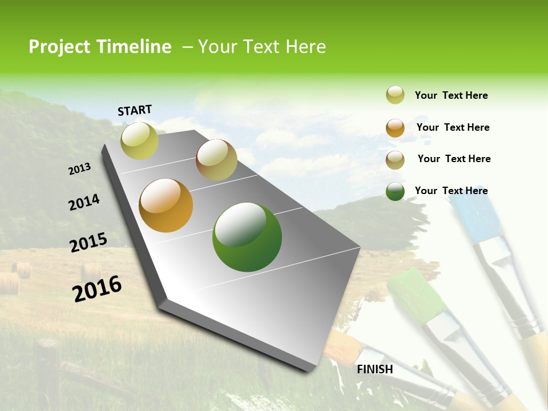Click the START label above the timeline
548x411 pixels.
(x=135, y=110)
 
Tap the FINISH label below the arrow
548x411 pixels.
(x=374, y=369)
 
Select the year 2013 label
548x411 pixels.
(x=79, y=169)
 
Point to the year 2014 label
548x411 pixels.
(x=84, y=203)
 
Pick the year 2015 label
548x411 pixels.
(x=88, y=243)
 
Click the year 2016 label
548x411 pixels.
(x=97, y=289)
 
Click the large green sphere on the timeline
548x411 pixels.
(x=247, y=237)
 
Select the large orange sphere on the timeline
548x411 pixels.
(x=166, y=205)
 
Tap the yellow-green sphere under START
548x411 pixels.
(x=139, y=140)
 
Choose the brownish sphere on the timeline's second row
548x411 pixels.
(x=216, y=160)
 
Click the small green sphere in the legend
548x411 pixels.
(x=395, y=191)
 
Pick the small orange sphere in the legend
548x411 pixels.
(x=395, y=128)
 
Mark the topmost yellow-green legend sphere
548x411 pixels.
(x=395, y=95)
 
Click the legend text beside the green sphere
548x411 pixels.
(x=451, y=191)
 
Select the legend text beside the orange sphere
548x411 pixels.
(x=453, y=127)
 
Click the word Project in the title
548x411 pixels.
(x=59, y=47)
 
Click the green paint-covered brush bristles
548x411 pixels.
(x=417, y=294)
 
